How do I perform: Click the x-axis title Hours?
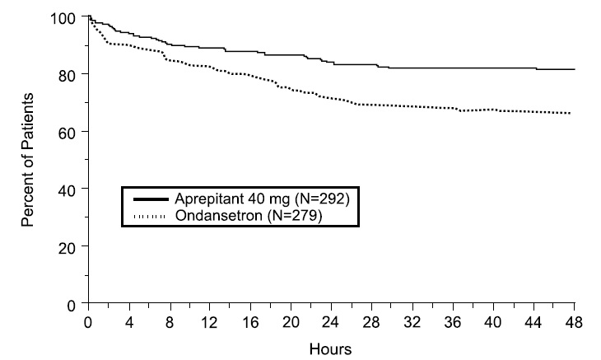330,348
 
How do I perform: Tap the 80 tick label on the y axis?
71,75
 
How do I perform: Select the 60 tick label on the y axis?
71,132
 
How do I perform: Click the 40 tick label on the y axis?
71,189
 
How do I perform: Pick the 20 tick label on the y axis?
71,247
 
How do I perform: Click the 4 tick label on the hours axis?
129,322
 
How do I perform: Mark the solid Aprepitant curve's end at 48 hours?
574,70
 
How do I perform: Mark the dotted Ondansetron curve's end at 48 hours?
570,113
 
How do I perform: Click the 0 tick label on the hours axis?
89,322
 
